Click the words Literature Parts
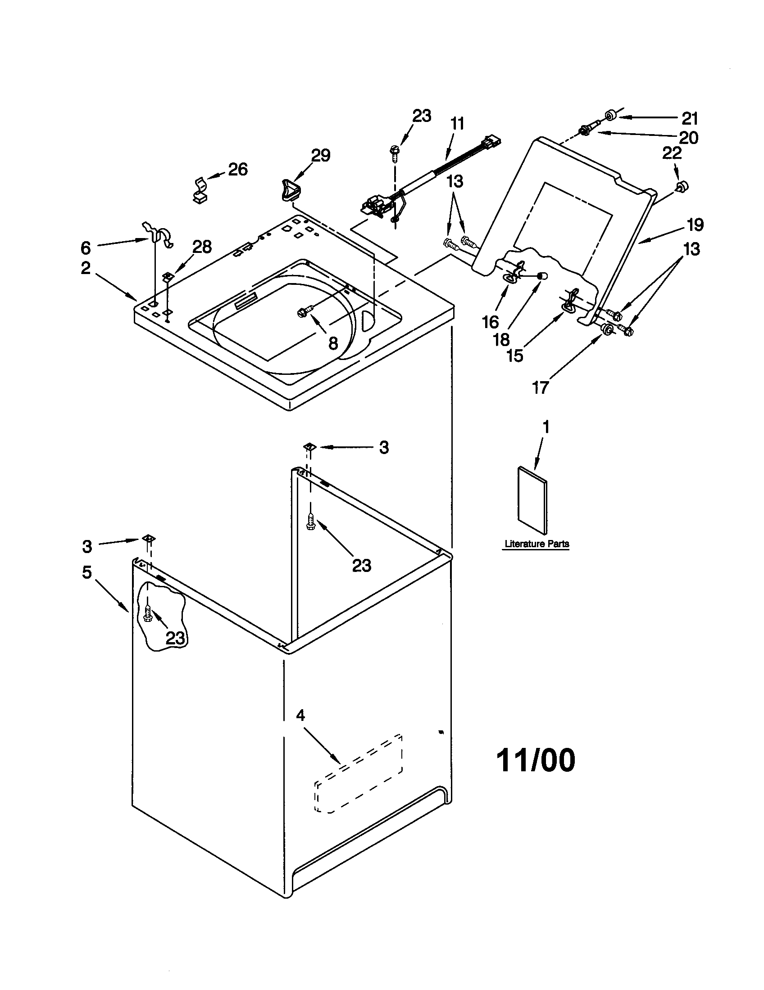[x=536, y=544]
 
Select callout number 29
[x=320, y=156]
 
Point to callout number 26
[x=237, y=170]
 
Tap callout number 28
[x=202, y=247]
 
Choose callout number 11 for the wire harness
[x=457, y=123]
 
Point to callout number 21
[x=690, y=118]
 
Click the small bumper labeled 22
[x=681, y=186]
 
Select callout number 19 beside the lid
[x=695, y=225]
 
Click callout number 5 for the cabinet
[x=86, y=572]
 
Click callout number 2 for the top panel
[x=86, y=268]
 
